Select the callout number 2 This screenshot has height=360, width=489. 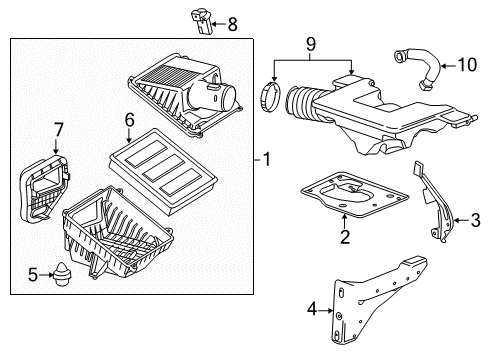345,238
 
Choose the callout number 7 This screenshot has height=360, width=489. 59,128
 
